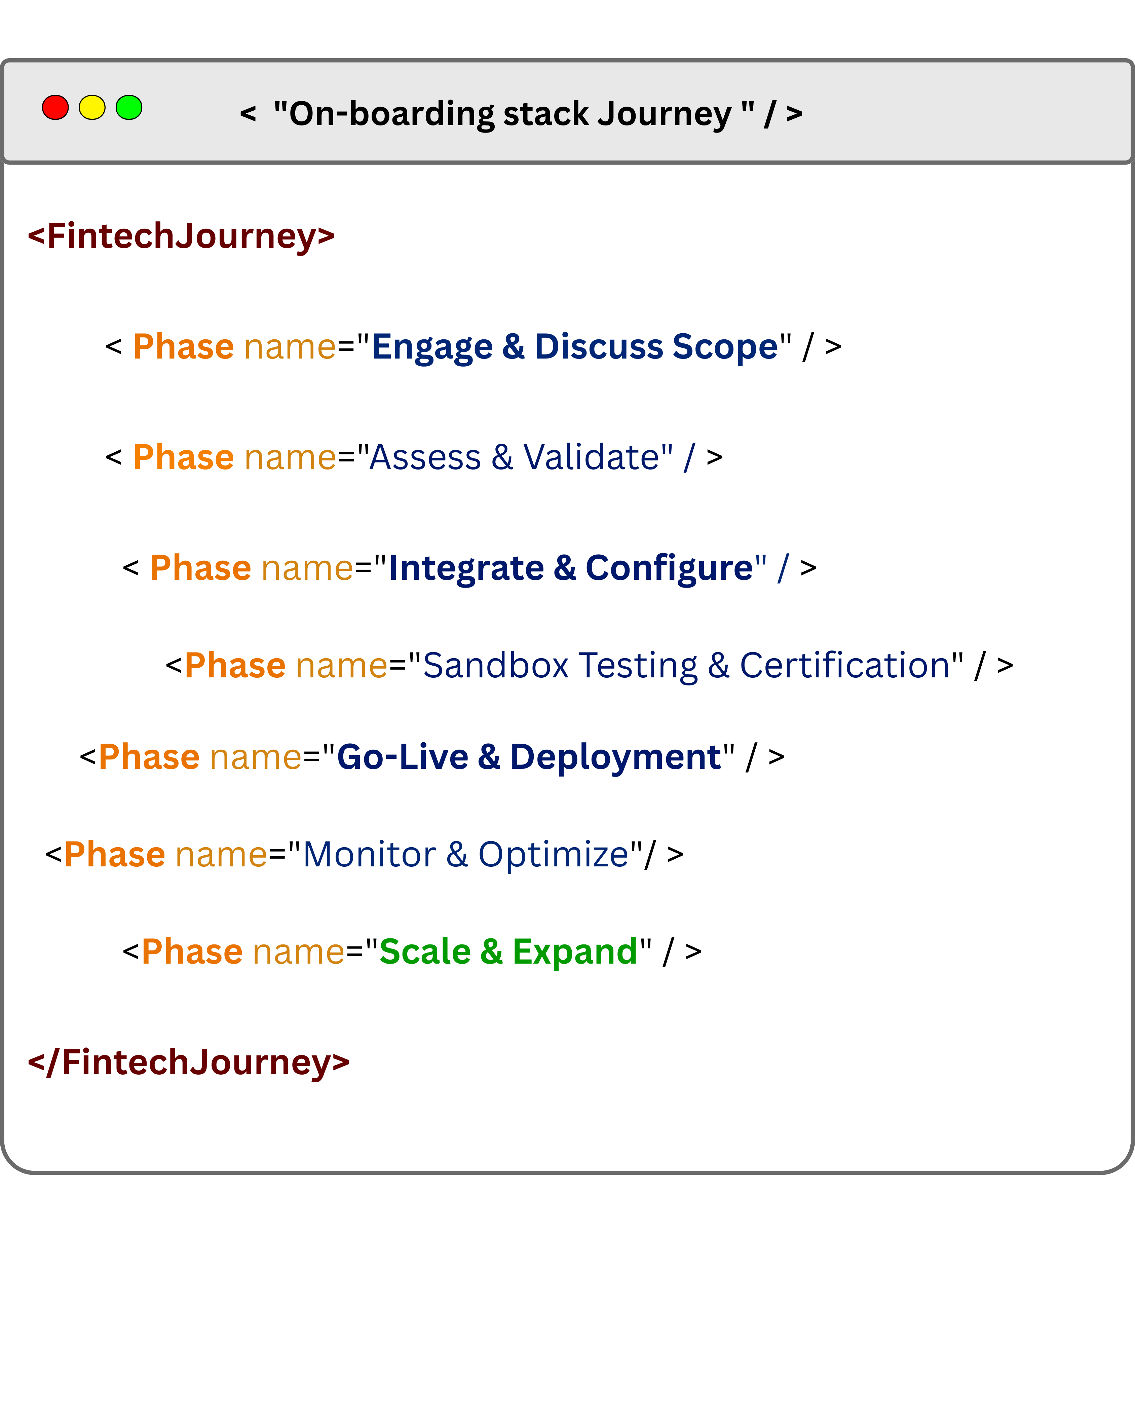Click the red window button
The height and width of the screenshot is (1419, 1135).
point(55,107)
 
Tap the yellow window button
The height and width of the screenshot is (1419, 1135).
point(92,107)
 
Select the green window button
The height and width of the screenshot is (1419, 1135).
point(129,107)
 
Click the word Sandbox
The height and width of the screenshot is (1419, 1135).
point(495,665)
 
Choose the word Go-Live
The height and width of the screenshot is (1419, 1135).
point(403,757)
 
